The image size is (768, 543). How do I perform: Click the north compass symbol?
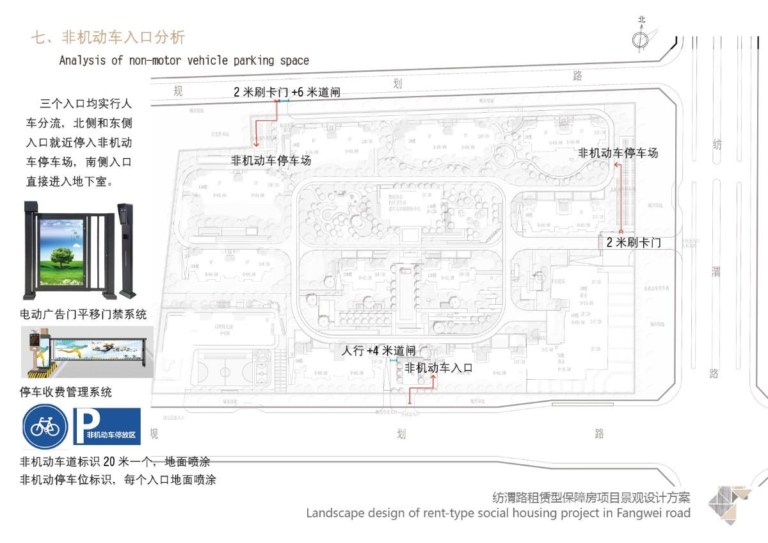641,40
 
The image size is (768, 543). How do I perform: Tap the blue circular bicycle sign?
45,426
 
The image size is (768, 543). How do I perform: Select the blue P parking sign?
107,426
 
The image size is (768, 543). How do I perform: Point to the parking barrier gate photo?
87,352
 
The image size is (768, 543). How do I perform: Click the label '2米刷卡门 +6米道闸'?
287,92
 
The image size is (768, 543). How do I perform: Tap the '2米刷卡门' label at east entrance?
634,243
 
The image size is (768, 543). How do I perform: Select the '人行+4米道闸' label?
379,351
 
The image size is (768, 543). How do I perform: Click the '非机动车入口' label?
438,368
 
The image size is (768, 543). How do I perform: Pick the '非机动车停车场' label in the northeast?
618,153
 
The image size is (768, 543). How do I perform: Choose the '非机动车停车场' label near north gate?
271,161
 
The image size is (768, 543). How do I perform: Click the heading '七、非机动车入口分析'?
108,37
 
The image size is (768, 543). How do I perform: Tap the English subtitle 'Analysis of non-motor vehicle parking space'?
184,61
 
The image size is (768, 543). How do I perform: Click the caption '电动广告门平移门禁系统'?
84,314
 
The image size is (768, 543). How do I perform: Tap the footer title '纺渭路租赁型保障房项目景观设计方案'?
591,497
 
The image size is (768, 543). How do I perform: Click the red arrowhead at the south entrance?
434,378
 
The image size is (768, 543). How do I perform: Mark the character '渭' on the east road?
716,271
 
